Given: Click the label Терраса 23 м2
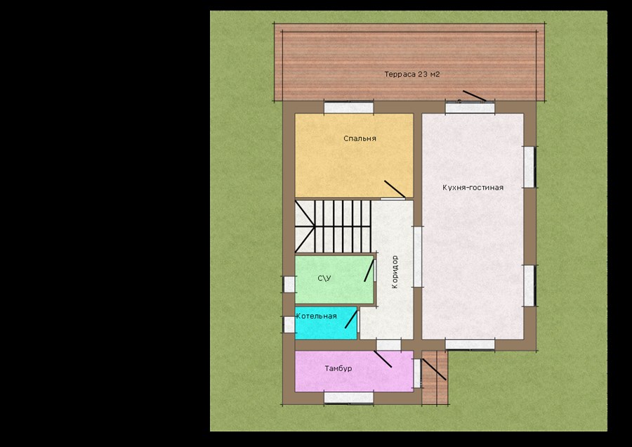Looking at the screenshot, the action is point(412,74).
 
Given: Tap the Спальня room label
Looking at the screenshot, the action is point(360,138).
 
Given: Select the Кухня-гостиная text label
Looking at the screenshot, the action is point(473,188).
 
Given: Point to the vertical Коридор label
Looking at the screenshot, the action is point(395,272).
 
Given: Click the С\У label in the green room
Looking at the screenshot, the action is point(324,278).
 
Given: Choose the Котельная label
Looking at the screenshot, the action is point(317,316).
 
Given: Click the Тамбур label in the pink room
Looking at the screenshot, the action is point(338,368).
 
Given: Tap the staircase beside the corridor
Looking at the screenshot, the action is point(333,226).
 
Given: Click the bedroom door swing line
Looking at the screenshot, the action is point(395,189).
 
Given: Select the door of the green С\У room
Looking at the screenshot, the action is point(369,271).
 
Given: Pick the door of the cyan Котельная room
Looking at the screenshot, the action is point(351,319).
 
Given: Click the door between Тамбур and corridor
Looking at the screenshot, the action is point(383,359).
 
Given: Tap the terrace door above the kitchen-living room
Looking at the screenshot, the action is point(475,96).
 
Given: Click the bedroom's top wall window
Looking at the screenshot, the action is point(348,108).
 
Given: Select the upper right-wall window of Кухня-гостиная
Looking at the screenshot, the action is point(529,167).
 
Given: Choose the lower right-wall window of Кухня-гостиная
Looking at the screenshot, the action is point(529,285).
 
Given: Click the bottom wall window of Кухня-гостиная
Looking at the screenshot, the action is point(470,344).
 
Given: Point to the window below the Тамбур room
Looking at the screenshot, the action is point(348,397).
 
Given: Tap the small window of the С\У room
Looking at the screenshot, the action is point(289,284).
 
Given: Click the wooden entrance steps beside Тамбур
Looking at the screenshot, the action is point(435,377).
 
